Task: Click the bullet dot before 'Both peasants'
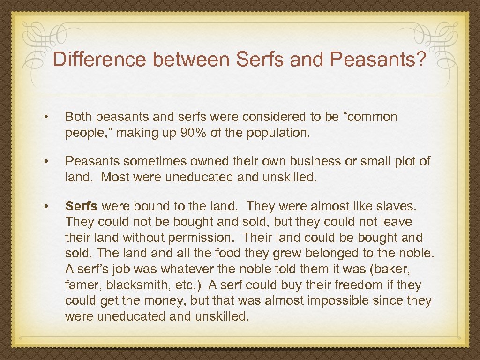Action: coord(46,117)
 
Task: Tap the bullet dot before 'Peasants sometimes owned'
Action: coord(46,161)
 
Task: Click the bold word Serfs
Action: coord(82,206)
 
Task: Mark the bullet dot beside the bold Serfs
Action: coord(46,206)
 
